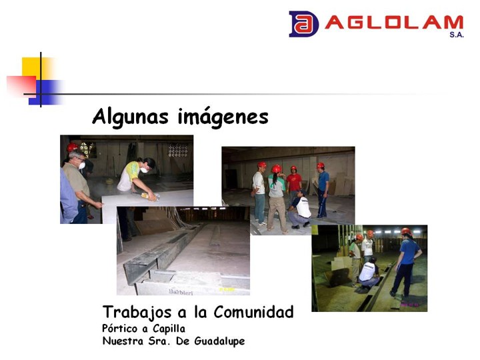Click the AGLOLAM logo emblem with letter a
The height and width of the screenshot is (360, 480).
303,24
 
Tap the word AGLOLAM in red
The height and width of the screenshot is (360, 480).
394,23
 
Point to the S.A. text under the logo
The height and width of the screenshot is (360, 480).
457,35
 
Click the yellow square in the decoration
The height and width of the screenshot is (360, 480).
34,68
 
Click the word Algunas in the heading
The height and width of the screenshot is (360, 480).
131,117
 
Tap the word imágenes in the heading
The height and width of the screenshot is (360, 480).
223,117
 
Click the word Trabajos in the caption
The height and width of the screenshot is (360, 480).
137,313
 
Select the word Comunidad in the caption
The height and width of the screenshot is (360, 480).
253,312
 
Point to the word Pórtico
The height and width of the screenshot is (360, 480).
120,329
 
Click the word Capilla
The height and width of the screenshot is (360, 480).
169,329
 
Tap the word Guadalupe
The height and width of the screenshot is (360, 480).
219,341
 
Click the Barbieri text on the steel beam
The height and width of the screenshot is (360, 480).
181,292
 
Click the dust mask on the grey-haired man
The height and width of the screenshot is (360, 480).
82,165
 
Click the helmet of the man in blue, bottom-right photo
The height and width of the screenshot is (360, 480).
406,231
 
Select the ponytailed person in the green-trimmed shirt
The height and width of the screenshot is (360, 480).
277,198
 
